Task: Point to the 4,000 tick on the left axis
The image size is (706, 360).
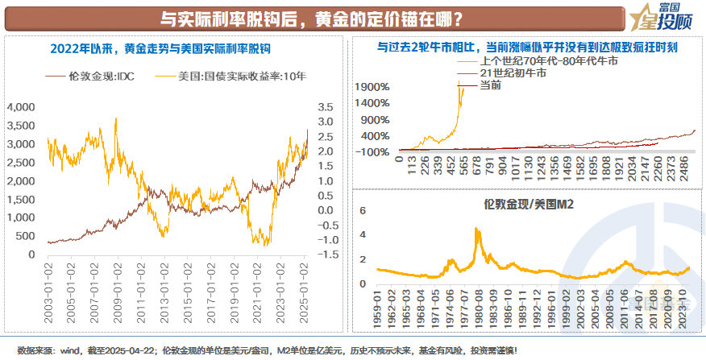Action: (22, 106)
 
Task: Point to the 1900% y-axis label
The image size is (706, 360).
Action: (373, 87)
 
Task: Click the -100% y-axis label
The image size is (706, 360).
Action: (376, 151)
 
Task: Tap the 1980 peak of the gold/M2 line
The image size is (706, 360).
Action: (477, 230)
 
